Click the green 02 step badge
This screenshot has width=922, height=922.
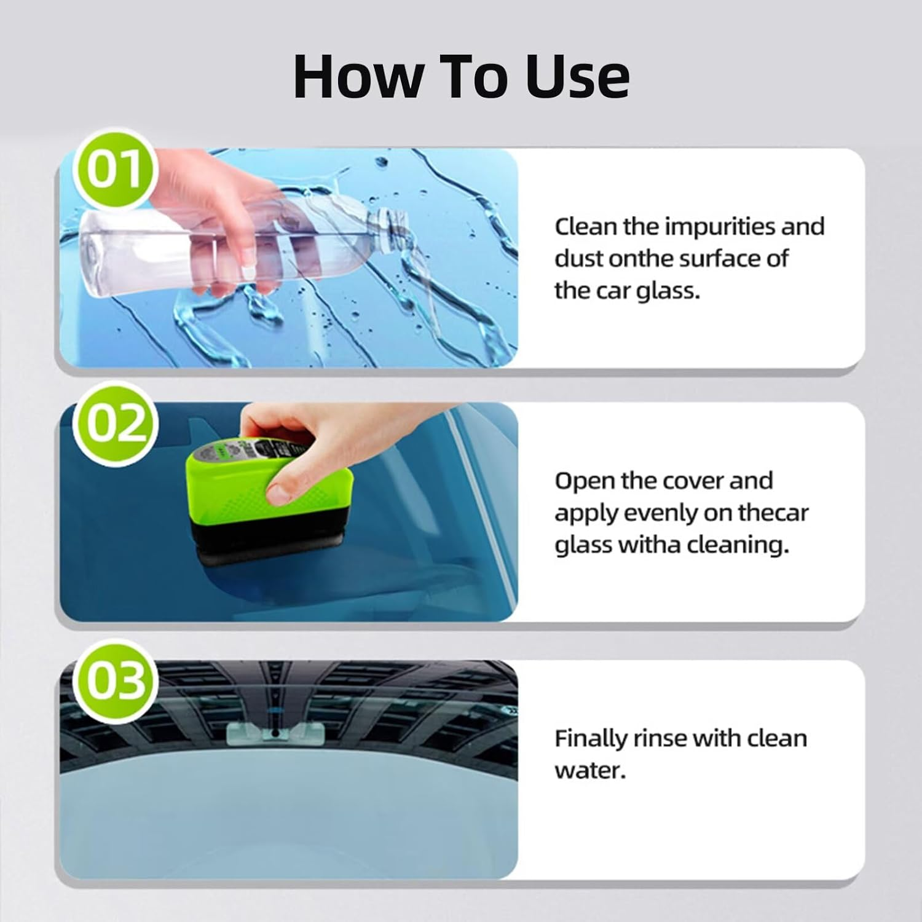coord(116,424)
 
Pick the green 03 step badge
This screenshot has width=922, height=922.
coord(116,682)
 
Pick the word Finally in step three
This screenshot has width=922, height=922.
coord(590,738)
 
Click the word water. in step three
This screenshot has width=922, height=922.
coord(590,770)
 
